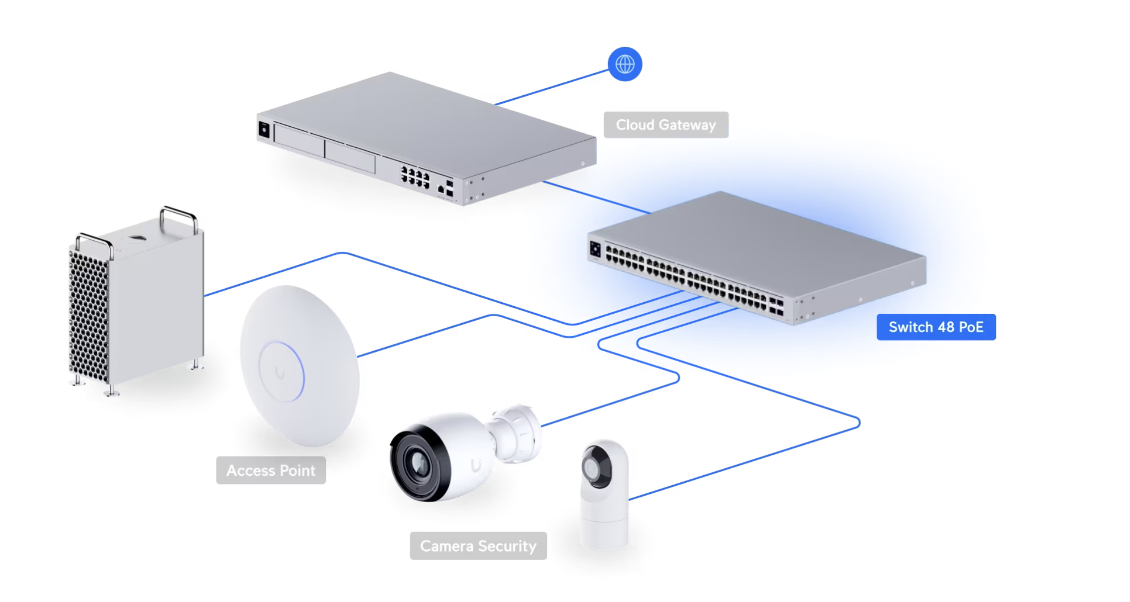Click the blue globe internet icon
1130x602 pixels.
point(625,64)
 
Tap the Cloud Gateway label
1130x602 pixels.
point(666,125)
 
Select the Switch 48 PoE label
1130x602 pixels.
point(936,327)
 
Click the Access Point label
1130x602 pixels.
point(271,470)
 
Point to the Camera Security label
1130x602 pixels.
point(478,546)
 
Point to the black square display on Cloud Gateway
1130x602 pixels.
point(264,130)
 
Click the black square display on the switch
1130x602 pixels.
point(595,248)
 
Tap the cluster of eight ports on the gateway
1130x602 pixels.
point(415,178)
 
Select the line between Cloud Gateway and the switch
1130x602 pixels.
point(597,197)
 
